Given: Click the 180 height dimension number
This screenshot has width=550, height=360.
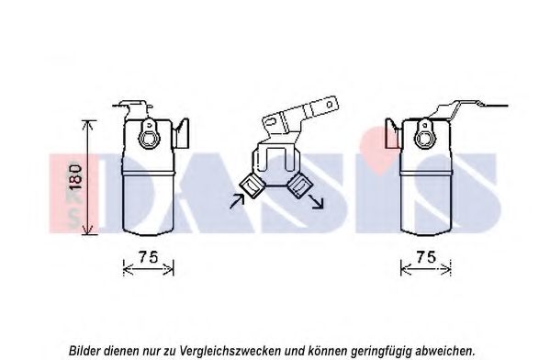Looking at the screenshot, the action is (76, 177).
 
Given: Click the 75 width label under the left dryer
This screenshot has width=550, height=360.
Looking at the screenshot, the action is (149, 257).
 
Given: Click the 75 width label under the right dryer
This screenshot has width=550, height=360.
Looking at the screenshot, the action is (426, 257).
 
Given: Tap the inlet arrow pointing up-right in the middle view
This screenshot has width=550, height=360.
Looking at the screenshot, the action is (237, 201).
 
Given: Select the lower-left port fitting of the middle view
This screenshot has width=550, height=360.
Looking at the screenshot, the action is (252, 186).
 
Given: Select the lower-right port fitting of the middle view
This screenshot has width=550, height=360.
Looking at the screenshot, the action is (299, 186).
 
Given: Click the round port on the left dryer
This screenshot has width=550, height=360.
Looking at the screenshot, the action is (150, 137).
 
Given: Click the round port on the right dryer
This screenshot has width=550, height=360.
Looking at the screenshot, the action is (424, 137).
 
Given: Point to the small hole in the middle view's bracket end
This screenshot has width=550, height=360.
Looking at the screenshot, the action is (330, 104).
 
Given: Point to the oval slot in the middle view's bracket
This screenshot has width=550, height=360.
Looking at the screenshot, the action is (271, 121).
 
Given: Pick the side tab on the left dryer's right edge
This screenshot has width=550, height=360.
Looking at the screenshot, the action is (182, 134).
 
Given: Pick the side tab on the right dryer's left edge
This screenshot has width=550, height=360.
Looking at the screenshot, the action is (392, 134).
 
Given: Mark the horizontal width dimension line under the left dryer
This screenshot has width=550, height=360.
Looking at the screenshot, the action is (149, 269).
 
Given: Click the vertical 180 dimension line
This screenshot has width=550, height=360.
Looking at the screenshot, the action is (88, 177).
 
